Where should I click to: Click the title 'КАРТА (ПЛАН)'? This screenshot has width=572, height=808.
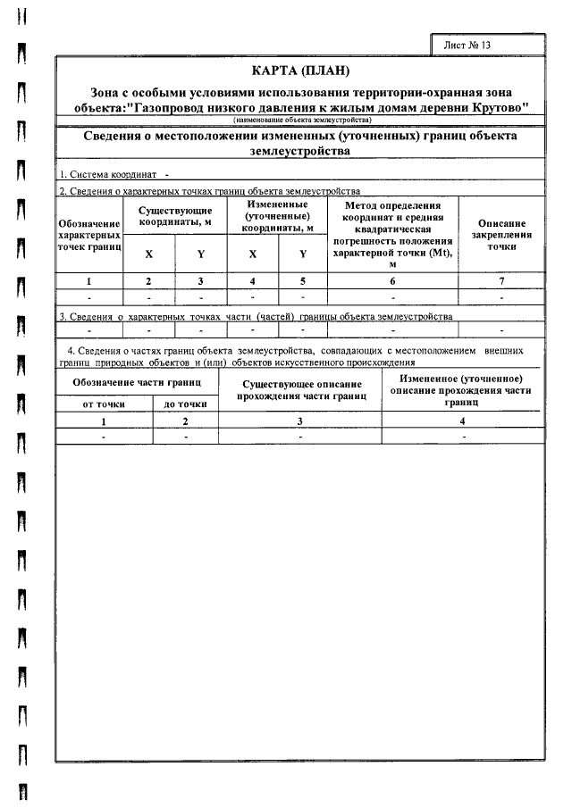tap(299, 71)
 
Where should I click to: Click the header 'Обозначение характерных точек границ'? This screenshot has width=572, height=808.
tap(89, 234)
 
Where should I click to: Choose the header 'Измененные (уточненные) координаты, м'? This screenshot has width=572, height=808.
tap(277, 215)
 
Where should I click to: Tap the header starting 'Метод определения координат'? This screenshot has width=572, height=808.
tap(392, 234)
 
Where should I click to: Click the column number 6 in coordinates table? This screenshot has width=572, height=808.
tap(392, 280)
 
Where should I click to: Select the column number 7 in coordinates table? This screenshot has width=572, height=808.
tap(501, 280)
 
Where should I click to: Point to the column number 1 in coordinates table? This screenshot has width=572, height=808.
tap(89, 280)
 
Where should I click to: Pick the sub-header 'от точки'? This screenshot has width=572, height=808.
tap(105, 404)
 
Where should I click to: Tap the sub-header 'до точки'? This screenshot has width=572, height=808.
tap(185, 404)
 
